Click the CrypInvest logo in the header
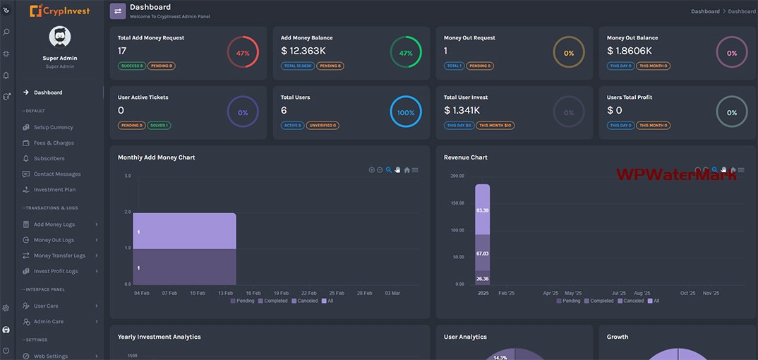click(x=60, y=11)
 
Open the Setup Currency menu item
click(x=53, y=128)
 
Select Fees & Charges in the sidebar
click(x=54, y=143)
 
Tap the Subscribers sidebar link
click(x=49, y=159)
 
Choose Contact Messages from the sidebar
click(x=57, y=174)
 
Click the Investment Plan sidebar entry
click(x=54, y=190)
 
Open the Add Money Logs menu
click(x=54, y=224)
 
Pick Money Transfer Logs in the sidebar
click(x=59, y=256)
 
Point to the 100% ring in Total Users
click(x=406, y=112)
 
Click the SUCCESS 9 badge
click(x=131, y=66)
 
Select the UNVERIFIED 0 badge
click(x=323, y=126)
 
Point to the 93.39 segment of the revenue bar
click(x=483, y=210)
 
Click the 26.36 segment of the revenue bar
click(x=483, y=278)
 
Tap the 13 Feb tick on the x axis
click(x=225, y=293)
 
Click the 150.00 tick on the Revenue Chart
click(x=457, y=203)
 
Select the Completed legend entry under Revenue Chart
click(x=599, y=301)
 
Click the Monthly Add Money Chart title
click(x=157, y=157)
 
